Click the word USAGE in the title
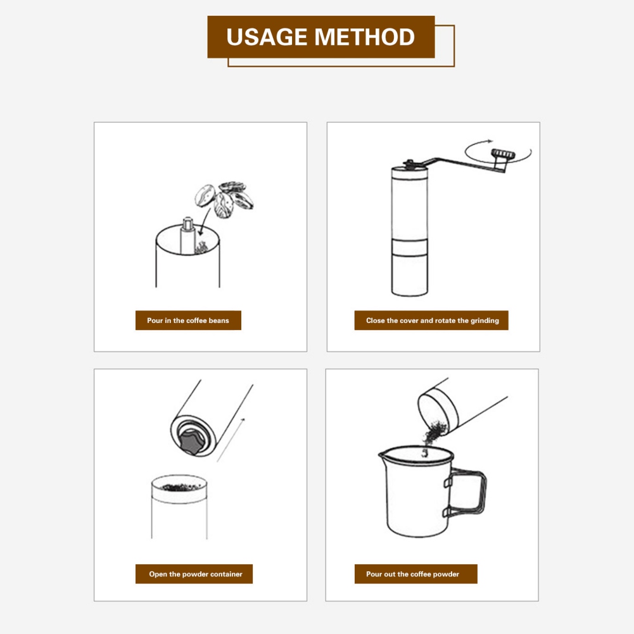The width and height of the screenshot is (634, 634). point(267,37)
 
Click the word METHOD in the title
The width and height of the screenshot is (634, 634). point(365,37)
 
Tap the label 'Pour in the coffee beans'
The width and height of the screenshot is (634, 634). point(188,320)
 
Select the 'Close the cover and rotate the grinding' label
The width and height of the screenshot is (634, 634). point(431,320)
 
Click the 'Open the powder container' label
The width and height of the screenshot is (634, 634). point(194,574)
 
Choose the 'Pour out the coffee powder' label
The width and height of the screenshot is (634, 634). point(415,574)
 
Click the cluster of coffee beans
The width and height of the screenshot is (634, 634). point(224,200)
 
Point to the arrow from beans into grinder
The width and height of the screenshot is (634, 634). point(204,222)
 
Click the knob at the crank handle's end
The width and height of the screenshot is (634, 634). point(503,154)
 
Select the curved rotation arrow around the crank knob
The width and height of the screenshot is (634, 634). point(498,151)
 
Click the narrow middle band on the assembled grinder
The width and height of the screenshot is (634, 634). point(410,248)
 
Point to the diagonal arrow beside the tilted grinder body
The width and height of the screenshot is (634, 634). point(231,440)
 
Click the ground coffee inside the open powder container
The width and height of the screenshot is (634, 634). point(180,486)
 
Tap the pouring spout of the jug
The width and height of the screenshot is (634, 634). point(383,455)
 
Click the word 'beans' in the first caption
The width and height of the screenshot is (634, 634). point(219,320)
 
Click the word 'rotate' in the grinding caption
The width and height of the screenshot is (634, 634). point(445,320)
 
